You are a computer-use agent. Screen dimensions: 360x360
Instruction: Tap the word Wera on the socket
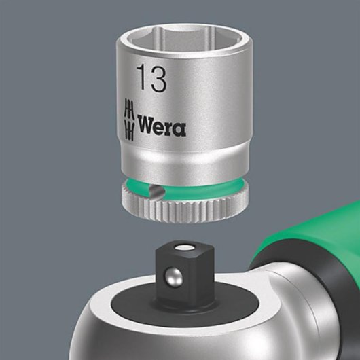coord(162,126)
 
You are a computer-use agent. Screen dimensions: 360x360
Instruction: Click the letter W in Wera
coord(147,126)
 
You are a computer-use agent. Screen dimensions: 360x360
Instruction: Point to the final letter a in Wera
coord(179,128)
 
